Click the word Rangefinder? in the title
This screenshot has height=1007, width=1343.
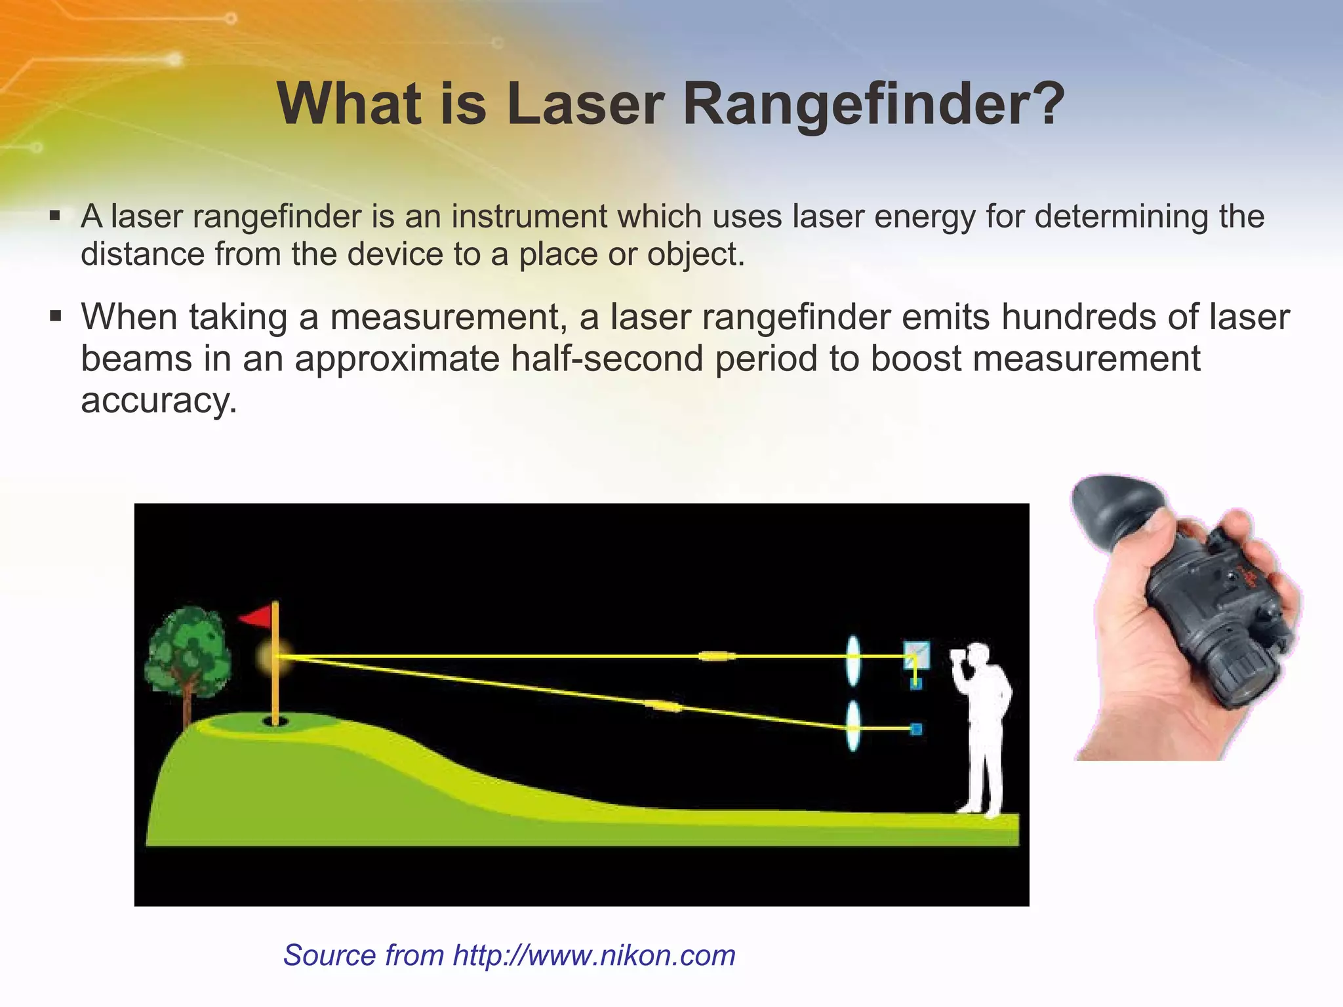pyautogui.click(x=873, y=105)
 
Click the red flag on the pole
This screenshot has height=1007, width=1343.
pyautogui.click(x=256, y=617)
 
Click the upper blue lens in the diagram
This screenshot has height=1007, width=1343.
pyautogui.click(x=852, y=660)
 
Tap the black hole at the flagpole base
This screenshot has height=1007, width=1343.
pyautogui.click(x=275, y=722)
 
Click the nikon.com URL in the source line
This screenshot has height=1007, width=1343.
pyautogui.click(x=594, y=955)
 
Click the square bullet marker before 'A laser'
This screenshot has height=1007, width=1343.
pyautogui.click(x=55, y=215)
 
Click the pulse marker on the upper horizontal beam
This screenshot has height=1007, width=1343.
pyautogui.click(x=717, y=656)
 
